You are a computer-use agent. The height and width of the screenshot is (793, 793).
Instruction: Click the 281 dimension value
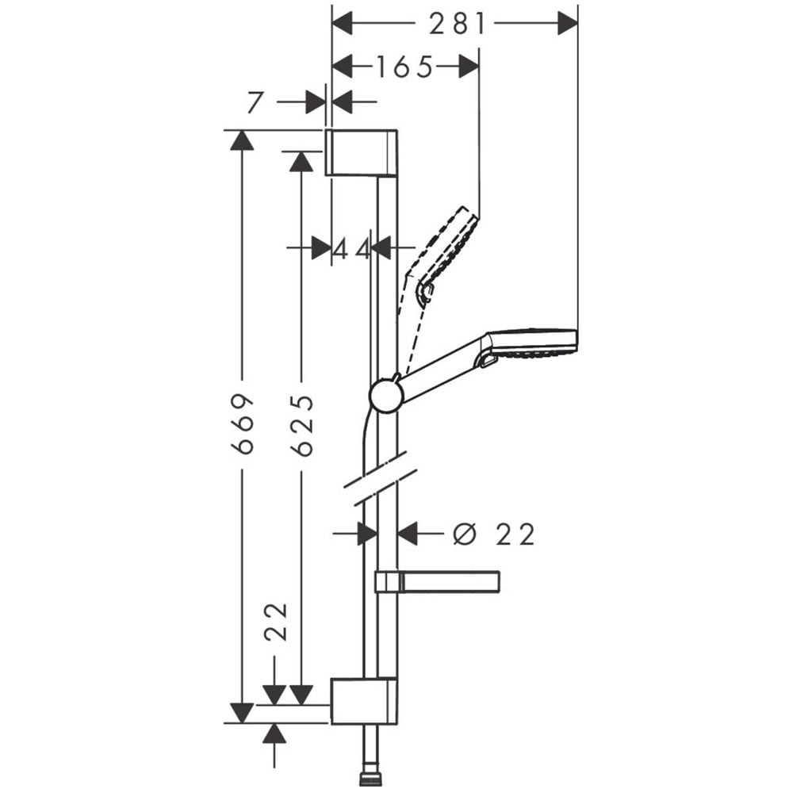click(458, 25)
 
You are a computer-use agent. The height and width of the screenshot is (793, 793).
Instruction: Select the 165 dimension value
click(405, 67)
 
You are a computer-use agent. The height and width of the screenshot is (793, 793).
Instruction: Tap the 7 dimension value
click(255, 102)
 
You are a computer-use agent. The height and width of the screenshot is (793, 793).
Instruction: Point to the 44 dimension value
click(351, 249)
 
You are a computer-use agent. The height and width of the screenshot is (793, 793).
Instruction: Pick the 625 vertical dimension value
click(302, 426)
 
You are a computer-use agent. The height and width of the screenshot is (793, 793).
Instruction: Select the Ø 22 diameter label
click(493, 534)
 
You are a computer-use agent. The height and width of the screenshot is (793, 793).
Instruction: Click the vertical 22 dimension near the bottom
click(276, 622)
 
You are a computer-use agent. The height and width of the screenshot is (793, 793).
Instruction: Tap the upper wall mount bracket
click(361, 153)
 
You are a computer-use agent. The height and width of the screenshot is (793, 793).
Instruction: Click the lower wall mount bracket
click(364, 701)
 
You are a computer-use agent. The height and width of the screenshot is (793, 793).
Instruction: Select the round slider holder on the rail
click(385, 396)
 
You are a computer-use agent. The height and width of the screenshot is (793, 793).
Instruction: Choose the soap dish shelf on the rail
click(438, 581)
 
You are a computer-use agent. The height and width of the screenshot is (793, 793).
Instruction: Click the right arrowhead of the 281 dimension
click(568, 24)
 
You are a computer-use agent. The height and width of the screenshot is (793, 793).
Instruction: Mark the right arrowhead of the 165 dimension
click(469, 67)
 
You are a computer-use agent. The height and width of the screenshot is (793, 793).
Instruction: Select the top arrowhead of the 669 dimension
click(242, 140)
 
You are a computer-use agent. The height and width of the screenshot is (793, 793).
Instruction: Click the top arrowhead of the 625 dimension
click(301, 161)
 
